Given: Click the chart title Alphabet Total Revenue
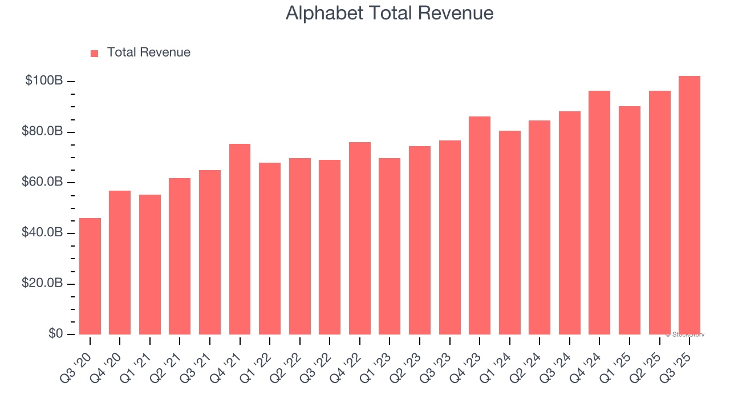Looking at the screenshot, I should (390, 13).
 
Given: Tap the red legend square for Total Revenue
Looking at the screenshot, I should (95, 53).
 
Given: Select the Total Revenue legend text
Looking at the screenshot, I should (148, 53).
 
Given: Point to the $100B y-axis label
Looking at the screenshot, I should (44, 81).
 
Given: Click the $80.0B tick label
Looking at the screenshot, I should (42, 132).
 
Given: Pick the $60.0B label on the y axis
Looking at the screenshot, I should (42, 182).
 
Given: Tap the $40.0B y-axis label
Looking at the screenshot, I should (42, 233).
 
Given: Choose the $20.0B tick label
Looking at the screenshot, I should (42, 284).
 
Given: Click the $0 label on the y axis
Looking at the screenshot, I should (55, 334).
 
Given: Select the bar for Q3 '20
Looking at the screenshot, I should (90, 276).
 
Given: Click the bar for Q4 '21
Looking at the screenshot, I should (240, 239).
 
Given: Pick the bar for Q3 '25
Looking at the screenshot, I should (690, 205).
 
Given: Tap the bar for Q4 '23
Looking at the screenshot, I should (480, 225).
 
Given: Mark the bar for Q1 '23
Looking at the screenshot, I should (390, 246).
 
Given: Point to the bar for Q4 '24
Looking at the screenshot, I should (599, 212).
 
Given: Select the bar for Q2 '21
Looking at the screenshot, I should (180, 256).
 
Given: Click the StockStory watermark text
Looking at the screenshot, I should (684, 335).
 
